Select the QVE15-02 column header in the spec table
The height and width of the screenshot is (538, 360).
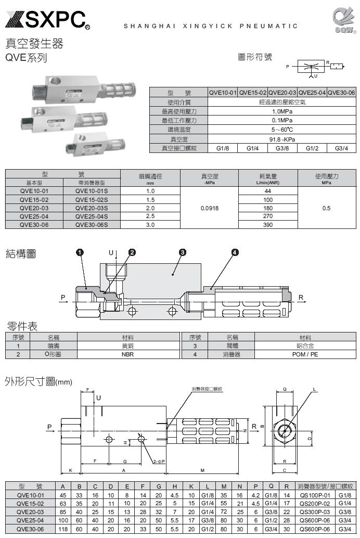pyautogui.click(x=253, y=93)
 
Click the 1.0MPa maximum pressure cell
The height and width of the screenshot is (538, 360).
pyautogui.click(x=281, y=111)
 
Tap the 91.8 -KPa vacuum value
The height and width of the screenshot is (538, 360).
pyautogui.click(x=281, y=139)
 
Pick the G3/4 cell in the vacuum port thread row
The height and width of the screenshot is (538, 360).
pyautogui.click(x=341, y=149)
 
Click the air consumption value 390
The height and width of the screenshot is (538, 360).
pyautogui.click(x=268, y=225)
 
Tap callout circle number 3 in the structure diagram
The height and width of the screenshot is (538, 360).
pyautogui.click(x=183, y=252)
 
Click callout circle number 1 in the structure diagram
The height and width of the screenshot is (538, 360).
pyautogui.click(x=80, y=252)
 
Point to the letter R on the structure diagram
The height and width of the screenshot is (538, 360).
pyautogui.click(x=301, y=298)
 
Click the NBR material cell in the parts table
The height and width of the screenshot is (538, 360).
pyautogui.click(x=127, y=354)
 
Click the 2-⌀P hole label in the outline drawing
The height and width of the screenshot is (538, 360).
pyautogui.click(x=159, y=462)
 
